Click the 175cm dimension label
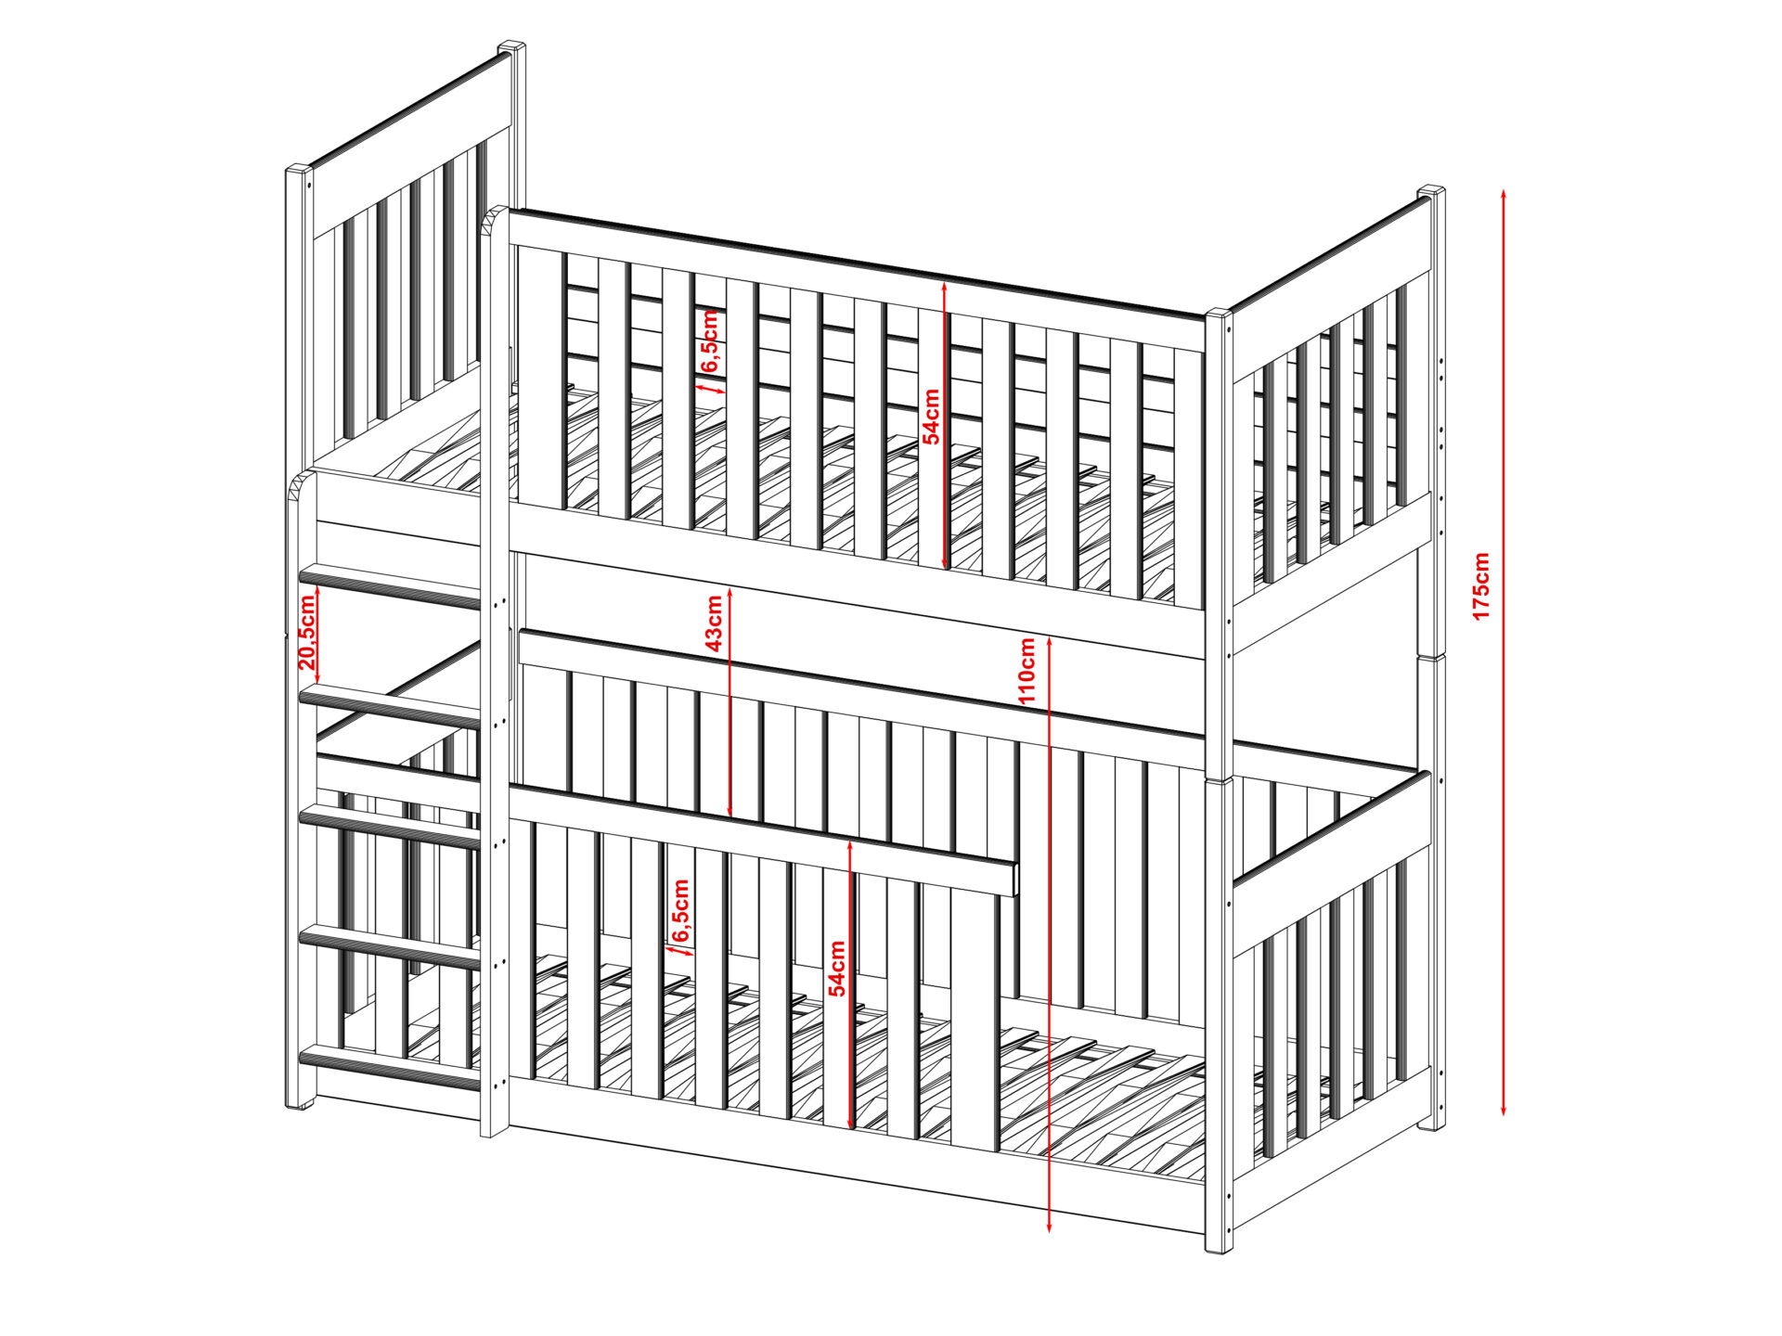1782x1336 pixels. [1481, 585]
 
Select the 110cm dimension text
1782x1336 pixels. [1027, 670]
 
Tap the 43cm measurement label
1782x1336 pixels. [715, 623]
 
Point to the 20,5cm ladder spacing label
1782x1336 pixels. [308, 632]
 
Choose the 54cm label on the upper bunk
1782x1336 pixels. [931, 417]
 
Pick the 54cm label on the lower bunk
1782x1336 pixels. [837, 969]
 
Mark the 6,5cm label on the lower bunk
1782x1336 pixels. [680, 910]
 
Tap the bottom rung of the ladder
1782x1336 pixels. [391, 1066]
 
